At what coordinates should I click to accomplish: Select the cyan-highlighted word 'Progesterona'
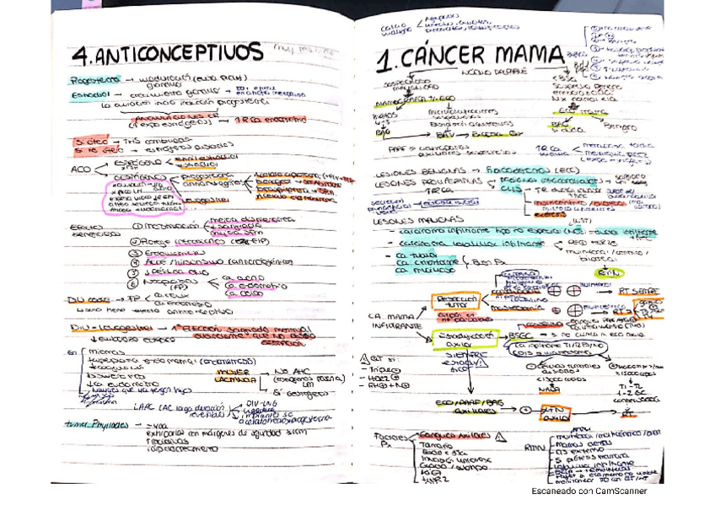click(96, 79)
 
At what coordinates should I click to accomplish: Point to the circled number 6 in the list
click(135, 284)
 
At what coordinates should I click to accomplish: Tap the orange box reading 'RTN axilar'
click(554, 414)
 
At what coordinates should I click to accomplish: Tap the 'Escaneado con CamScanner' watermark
click(589, 491)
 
